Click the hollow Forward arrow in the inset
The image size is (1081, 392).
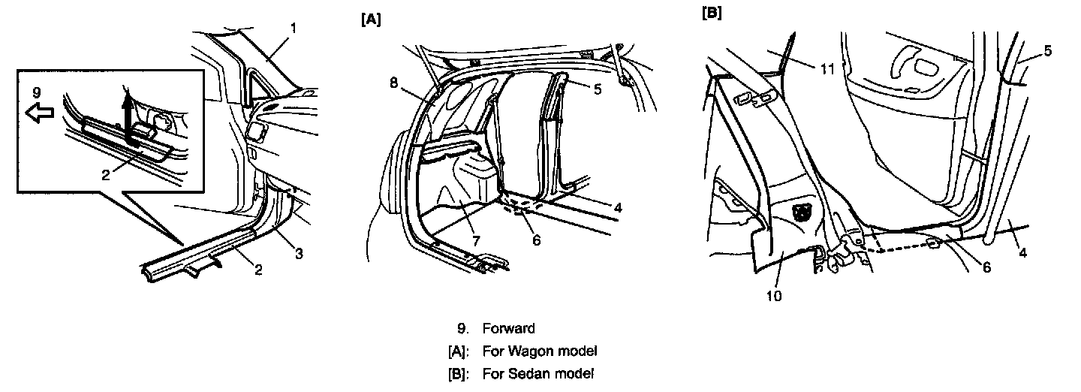pyautogui.click(x=40, y=114)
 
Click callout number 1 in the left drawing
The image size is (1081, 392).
pyautogui.click(x=294, y=29)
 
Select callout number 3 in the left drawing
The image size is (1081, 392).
pyautogui.click(x=300, y=254)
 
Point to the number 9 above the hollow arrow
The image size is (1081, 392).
pyautogui.click(x=37, y=92)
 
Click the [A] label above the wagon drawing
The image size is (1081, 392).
pyautogui.click(x=371, y=20)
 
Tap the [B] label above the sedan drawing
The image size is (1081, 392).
pyautogui.click(x=712, y=14)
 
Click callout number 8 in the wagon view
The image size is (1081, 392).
pyautogui.click(x=394, y=83)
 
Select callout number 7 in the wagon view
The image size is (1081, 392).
pyautogui.click(x=476, y=241)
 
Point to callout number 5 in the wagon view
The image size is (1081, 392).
pyautogui.click(x=598, y=89)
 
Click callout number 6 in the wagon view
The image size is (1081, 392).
pyautogui.click(x=537, y=240)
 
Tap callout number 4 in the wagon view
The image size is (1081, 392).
pyautogui.click(x=618, y=208)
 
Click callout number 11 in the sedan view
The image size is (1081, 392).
pyautogui.click(x=827, y=70)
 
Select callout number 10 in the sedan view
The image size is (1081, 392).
pyautogui.click(x=774, y=296)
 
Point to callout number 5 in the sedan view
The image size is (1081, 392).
pyautogui.click(x=1048, y=51)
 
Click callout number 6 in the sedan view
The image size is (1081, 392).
pyautogui.click(x=987, y=267)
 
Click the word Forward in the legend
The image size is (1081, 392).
pyautogui.click(x=509, y=329)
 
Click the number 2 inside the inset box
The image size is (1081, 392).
pyautogui.click(x=106, y=175)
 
